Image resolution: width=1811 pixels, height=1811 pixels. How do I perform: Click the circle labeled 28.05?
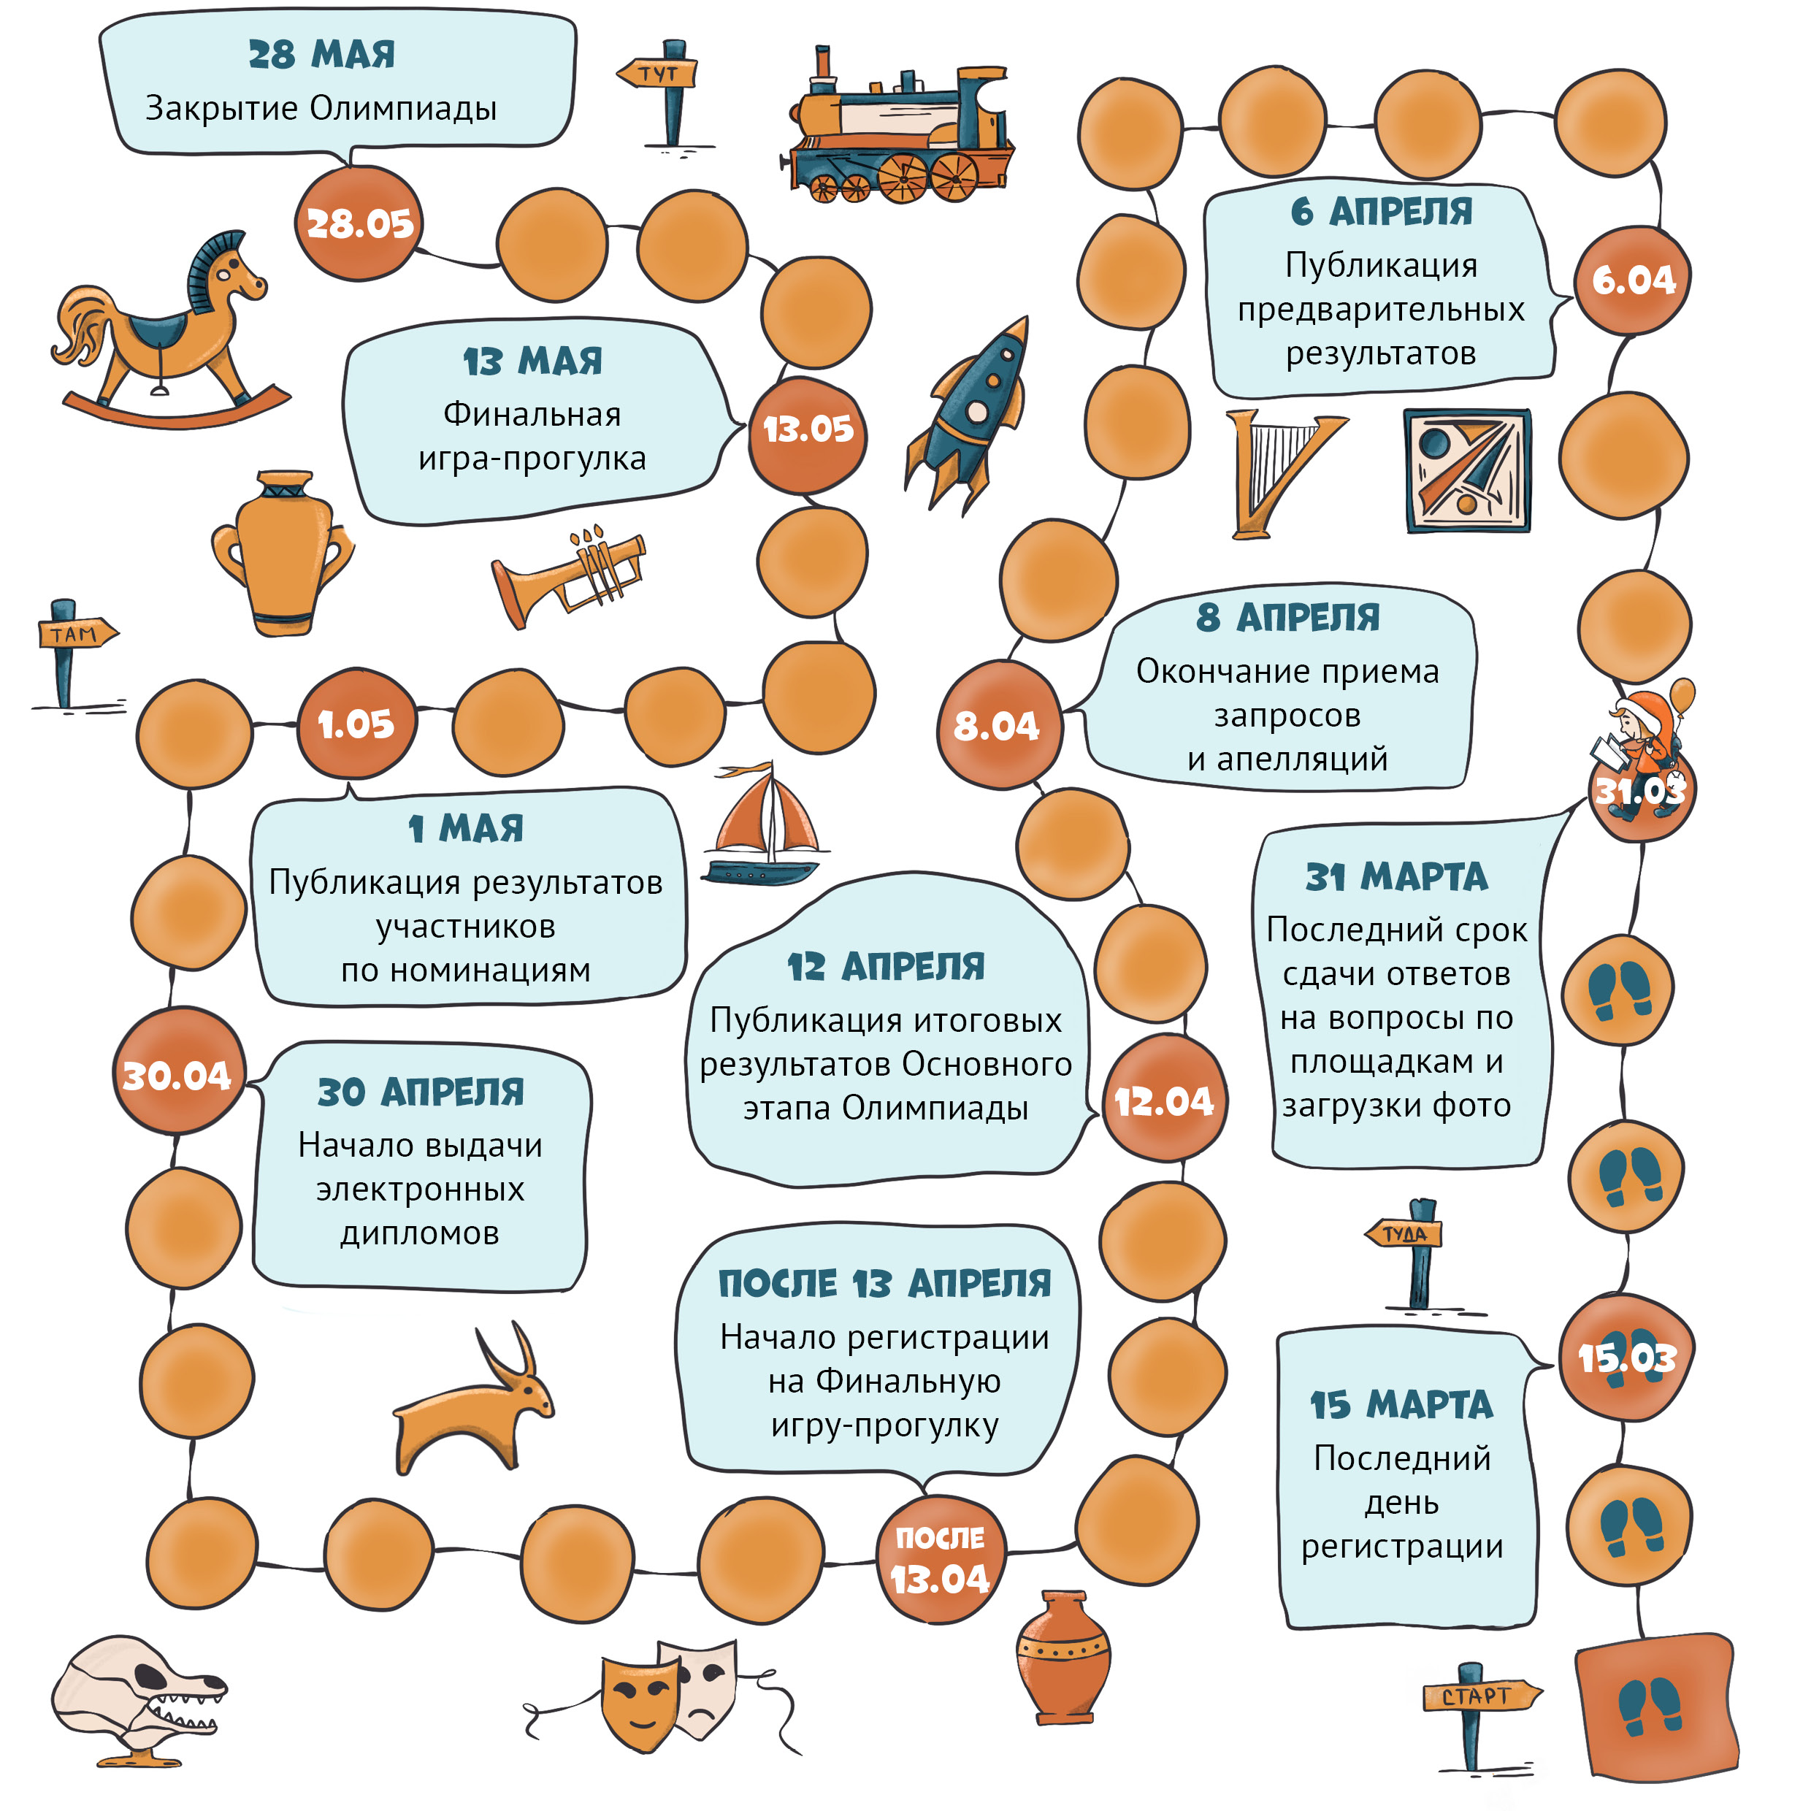(359, 223)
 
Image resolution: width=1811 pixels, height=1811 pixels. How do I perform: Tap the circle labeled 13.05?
(808, 434)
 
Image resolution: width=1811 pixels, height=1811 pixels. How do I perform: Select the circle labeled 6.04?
(1633, 280)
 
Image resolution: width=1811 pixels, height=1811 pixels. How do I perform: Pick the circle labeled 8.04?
(999, 724)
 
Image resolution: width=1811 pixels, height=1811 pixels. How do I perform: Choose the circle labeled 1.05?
(356, 723)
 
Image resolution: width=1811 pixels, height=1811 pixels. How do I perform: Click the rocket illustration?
(968, 413)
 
